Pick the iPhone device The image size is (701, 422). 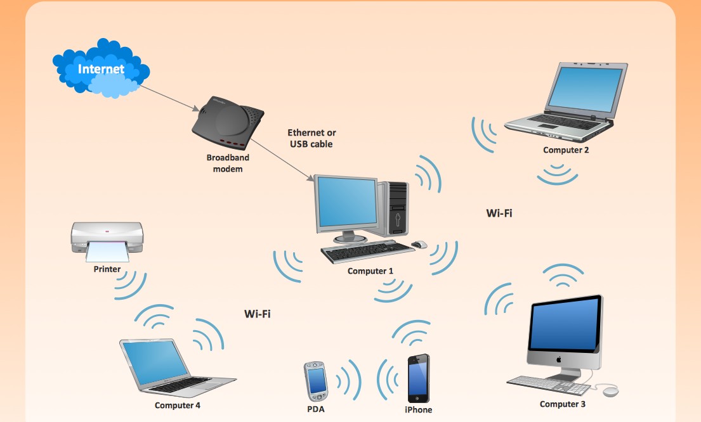tap(418, 378)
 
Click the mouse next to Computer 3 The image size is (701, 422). tap(610, 391)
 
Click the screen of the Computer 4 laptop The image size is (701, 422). tap(154, 361)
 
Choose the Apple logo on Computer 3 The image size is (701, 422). tap(560, 359)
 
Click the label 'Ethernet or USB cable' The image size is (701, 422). tap(311, 138)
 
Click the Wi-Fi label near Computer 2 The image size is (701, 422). tap(499, 213)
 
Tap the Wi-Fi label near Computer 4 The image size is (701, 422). tap(258, 314)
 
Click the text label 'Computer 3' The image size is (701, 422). tap(563, 404)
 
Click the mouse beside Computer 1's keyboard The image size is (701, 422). tap(419, 245)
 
